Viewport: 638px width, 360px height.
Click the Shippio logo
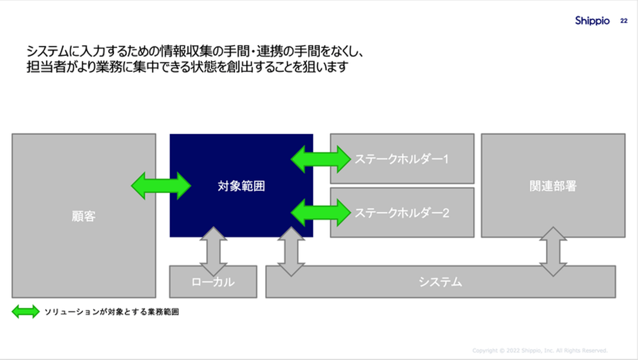tap(592, 20)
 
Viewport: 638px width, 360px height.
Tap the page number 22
tap(624, 21)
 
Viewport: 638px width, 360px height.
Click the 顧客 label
tap(84, 216)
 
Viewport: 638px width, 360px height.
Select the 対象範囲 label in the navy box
tap(241, 186)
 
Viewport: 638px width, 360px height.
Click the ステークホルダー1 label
tap(401, 159)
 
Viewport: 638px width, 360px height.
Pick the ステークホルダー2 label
tap(402, 213)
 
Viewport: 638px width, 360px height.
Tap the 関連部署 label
tap(553, 186)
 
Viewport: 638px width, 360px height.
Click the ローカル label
tap(213, 282)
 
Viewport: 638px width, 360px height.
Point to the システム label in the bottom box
tap(440, 282)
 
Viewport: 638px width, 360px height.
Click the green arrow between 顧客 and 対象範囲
tap(161, 186)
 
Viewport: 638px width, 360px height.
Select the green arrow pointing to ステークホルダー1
tap(321, 159)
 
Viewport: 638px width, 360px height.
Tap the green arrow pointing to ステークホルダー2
tap(321, 213)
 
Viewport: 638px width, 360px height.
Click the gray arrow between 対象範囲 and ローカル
tap(213, 251)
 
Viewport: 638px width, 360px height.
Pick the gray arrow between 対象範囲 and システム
tap(291, 251)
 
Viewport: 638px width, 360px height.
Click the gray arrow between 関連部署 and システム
tap(553, 251)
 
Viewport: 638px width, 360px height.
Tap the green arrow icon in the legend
tap(26, 312)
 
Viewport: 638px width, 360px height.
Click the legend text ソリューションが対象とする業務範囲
tap(112, 312)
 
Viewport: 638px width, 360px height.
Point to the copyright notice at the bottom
tap(540, 350)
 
